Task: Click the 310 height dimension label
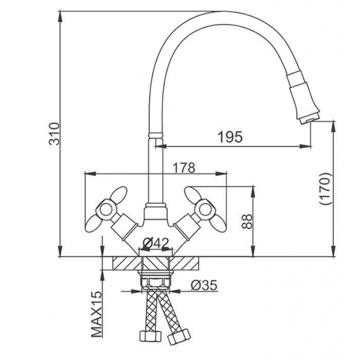[x=55, y=134]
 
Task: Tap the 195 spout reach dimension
[x=230, y=137]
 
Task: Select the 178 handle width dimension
[x=184, y=168]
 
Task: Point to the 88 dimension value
[x=247, y=221]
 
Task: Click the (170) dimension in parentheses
[x=325, y=189]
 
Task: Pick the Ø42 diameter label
[x=156, y=243]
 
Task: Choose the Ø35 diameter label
[x=204, y=285]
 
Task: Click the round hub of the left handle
[x=106, y=210]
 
